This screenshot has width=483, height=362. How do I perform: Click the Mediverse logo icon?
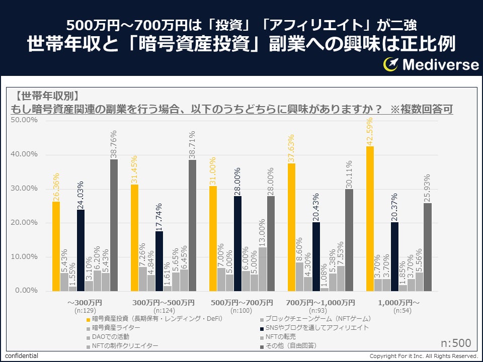(391, 64)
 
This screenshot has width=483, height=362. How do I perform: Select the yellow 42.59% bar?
(370, 219)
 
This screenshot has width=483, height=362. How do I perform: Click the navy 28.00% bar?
(237, 243)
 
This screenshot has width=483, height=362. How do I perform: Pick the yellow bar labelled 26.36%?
(56, 246)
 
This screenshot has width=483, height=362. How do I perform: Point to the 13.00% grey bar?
(262, 269)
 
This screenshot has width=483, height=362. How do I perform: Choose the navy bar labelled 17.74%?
(159, 261)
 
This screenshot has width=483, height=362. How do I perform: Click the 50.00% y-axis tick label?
(24, 120)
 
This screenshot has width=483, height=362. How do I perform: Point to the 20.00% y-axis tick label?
(24, 223)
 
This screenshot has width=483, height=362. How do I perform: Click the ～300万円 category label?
(84, 303)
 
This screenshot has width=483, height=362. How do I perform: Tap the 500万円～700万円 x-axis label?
(242, 303)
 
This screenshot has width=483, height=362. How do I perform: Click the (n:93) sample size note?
(321, 311)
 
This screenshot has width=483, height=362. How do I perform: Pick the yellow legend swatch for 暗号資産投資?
(89, 319)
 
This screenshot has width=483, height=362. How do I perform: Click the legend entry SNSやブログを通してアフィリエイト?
(317, 328)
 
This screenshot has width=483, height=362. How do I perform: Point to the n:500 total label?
(456, 343)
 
